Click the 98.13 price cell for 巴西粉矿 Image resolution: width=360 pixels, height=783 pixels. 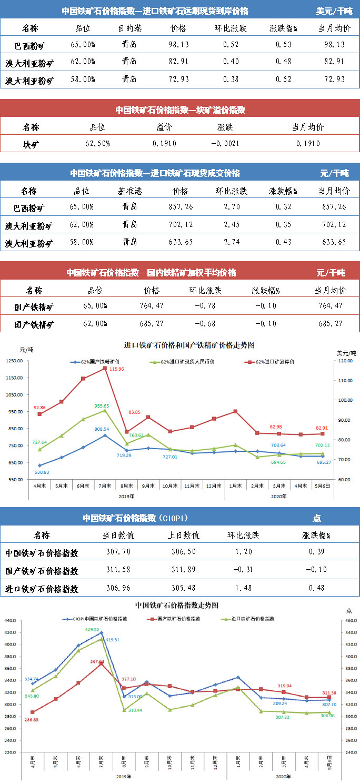[x=178, y=45]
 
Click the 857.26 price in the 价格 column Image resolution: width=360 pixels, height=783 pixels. [x=180, y=207]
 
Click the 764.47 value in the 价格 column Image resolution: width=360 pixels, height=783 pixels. [x=152, y=306]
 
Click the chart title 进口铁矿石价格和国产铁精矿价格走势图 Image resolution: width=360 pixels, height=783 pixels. [x=189, y=345]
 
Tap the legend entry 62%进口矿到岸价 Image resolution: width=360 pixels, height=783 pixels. [x=273, y=362]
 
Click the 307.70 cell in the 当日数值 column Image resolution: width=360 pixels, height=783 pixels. [x=118, y=553]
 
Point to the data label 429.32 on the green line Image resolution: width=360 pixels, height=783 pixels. [x=93, y=630]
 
